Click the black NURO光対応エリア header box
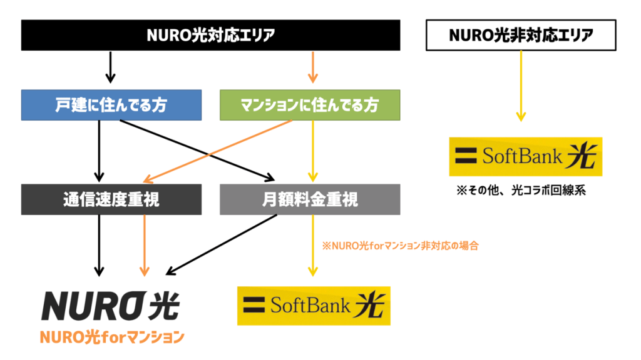[210, 35]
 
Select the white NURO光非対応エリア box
[521, 35]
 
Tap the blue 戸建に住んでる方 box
[111, 105]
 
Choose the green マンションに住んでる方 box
[310, 105]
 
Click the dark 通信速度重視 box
[111, 199]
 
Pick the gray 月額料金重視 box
[310, 199]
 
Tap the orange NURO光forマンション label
[112, 337]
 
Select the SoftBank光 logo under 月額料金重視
[313, 306]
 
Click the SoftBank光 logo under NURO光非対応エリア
[525, 156]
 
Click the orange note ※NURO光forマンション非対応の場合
[401, 246]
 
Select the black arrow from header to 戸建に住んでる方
[110, 67]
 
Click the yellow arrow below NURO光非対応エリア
[521, 86]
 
